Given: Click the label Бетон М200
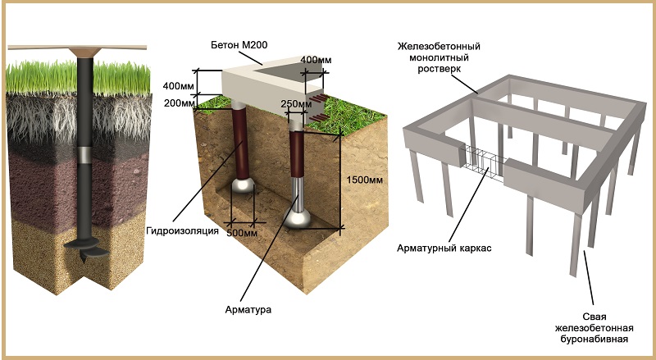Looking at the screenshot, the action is coord(239,45).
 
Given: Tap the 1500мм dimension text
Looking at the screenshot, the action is coord(364,180).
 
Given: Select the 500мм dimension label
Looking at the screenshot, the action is coord(241,233).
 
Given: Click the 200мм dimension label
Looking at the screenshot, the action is coord(180,103).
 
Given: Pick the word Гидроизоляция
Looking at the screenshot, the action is coord(182,230).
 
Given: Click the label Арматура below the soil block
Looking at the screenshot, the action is coord(248,310).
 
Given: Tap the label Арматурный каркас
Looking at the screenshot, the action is coord(444,248).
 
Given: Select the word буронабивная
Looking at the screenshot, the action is coord(594,339).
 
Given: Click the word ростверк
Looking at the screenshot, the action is coord(439,69).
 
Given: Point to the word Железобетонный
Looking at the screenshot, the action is coord(439,46).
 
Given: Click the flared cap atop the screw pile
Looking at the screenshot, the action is coord(84,52).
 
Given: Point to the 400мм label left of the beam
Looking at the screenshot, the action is coord(179,86).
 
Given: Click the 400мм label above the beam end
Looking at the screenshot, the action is coord(316,60).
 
